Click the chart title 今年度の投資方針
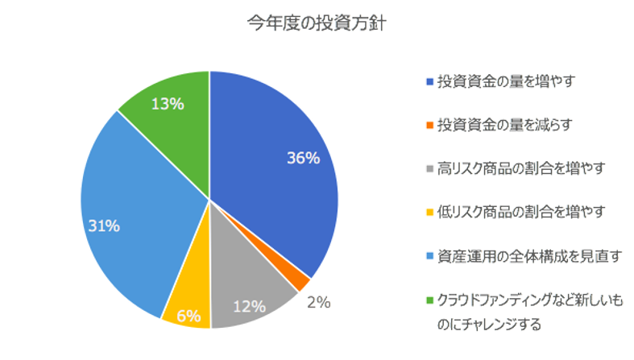pos(316,23)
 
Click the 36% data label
pos(303,158)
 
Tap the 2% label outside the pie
pos(318,303)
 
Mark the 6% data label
pos(188,317)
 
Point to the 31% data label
pos(103,226)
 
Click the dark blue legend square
pos(429,82)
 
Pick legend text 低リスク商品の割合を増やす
pos(520,212)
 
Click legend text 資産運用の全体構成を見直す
pos(520,256)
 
